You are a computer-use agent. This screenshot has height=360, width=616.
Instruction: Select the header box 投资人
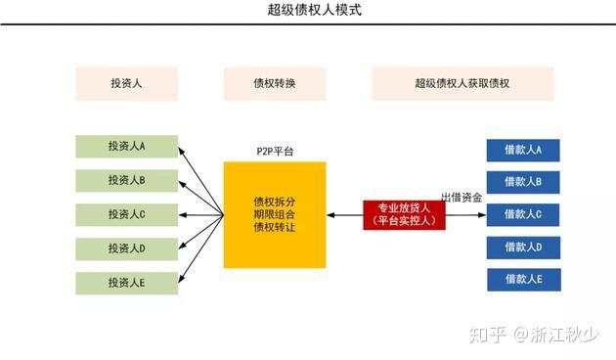pyautogui.click(x=126, y=83)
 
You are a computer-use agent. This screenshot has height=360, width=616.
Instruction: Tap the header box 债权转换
pyautogui.click(x=274, y=83)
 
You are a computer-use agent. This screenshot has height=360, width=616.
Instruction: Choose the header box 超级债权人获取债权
pyautogui.click(x=462, y=83)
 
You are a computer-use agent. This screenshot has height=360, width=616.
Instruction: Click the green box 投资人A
pyautogui.click(x=126, y=147)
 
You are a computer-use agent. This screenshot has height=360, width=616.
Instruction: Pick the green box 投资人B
pyautogui.click(x=126, y=181)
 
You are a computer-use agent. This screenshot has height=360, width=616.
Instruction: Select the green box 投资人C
pyautogui.click(x=126, y=214)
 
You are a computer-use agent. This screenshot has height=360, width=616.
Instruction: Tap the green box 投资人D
pyautogui.click(x=126, y=248)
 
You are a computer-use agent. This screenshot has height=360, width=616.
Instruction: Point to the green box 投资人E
pyautogui.click(x=126, y=283)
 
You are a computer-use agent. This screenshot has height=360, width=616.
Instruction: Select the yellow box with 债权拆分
pyautogui.click(x=274, y=214)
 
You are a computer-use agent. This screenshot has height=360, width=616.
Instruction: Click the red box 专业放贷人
pyautogui.click(x=404, y=214)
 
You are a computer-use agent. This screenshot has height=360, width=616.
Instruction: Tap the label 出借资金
pyautogui.click(x=461, y=198)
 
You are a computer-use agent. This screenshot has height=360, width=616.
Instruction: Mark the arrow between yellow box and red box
pyautogui.click(x=344, y=214)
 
